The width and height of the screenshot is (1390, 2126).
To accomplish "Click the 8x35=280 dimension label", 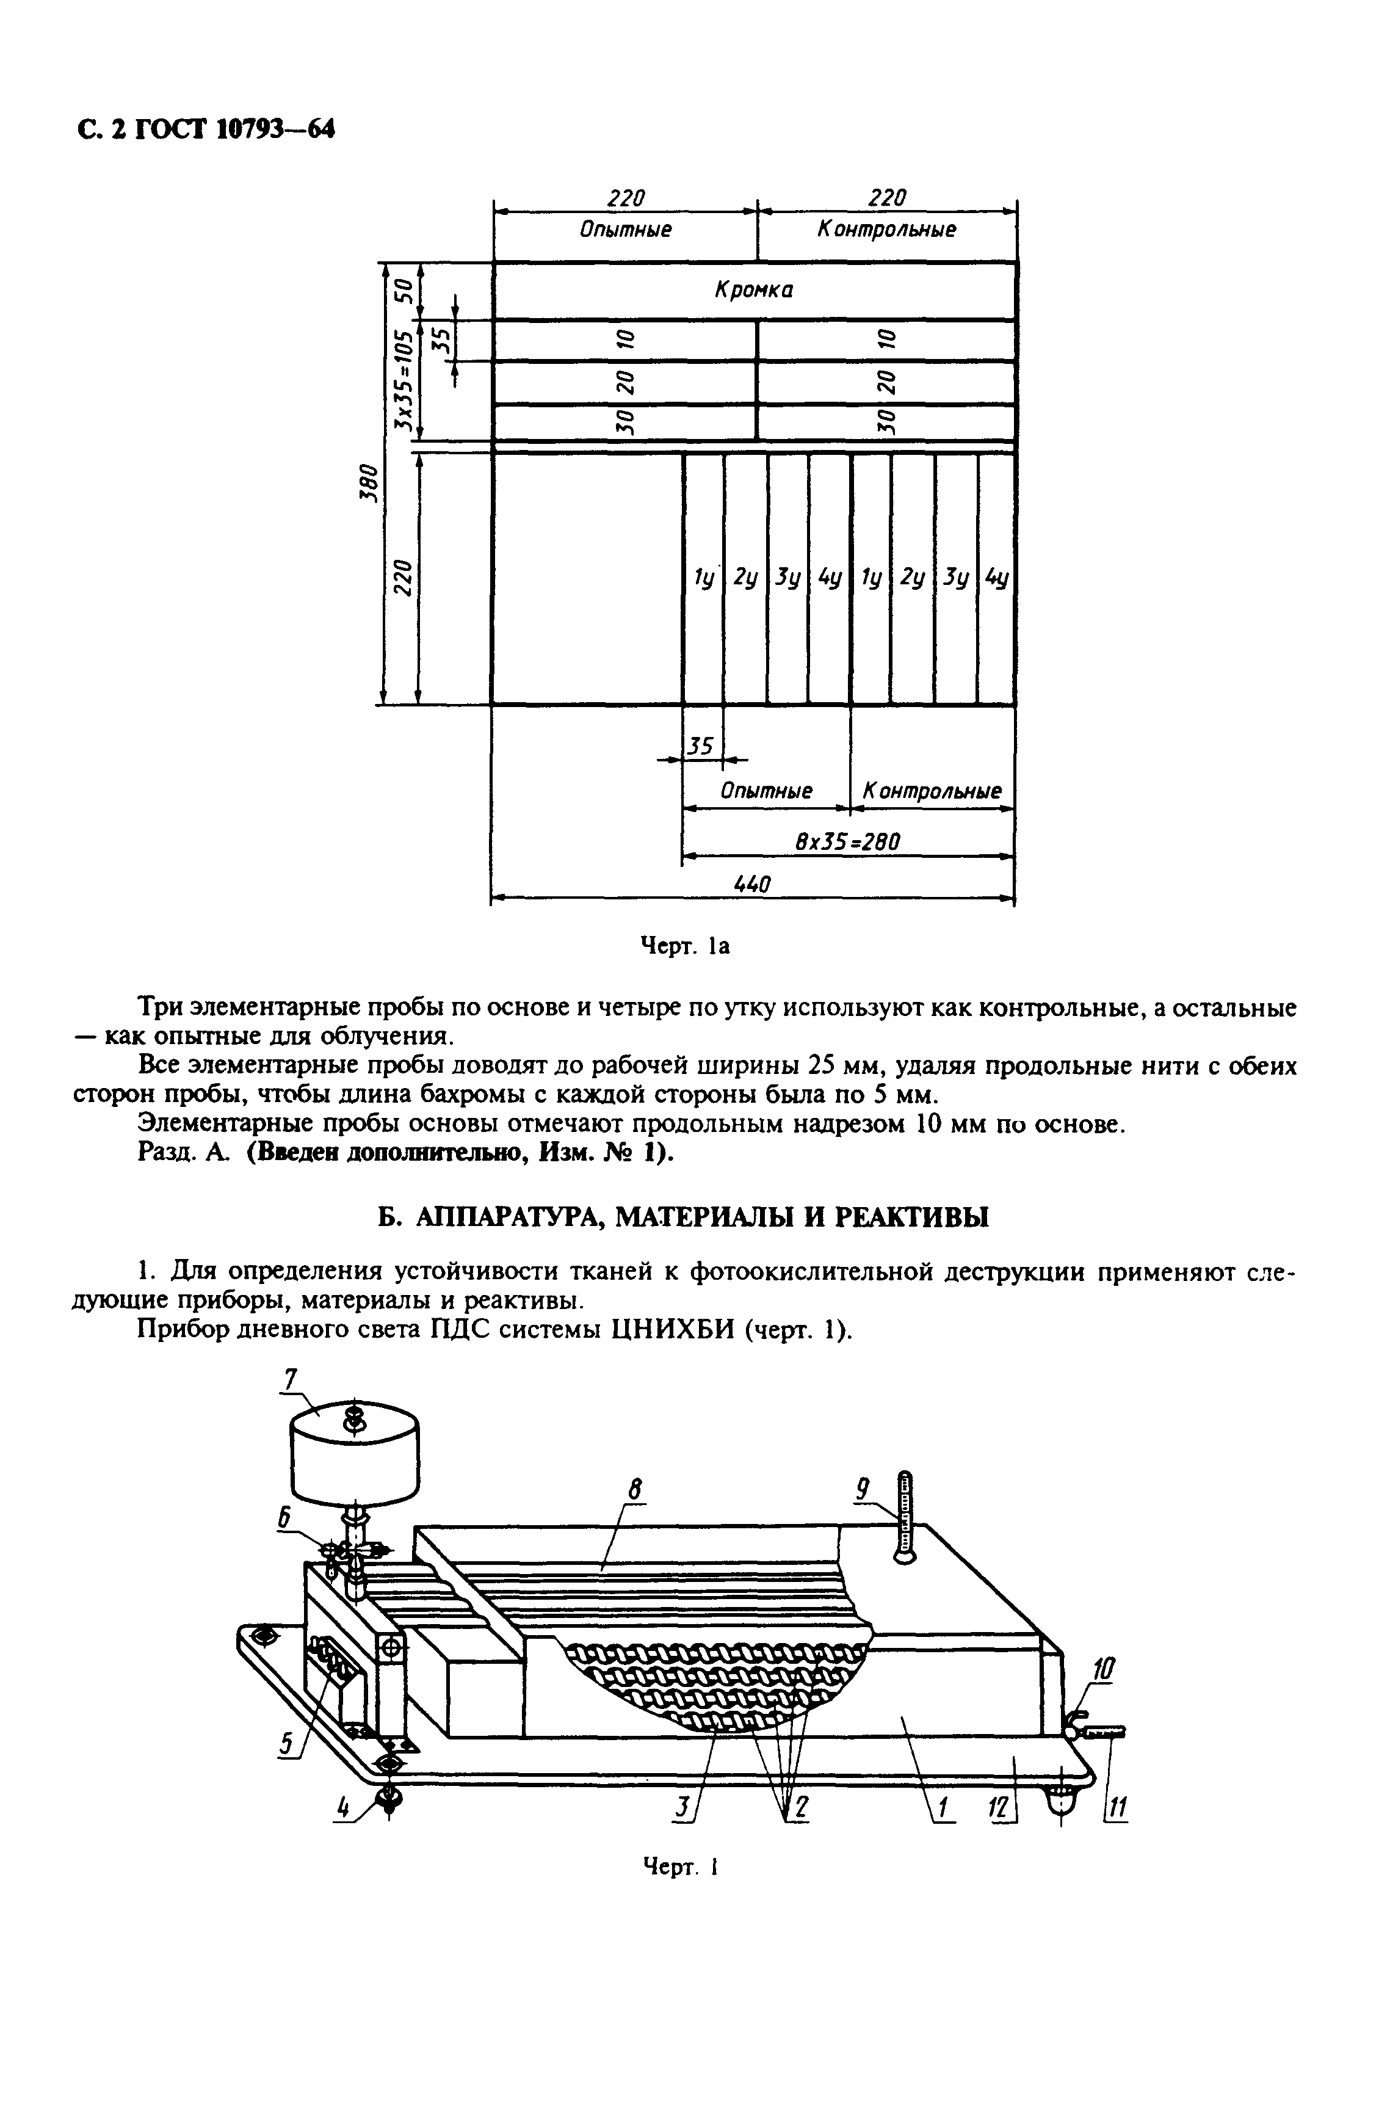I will point(847,841).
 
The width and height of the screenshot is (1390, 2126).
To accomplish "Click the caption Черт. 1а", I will point(687,946).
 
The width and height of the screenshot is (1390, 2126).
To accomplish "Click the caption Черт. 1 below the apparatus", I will point(681,1867).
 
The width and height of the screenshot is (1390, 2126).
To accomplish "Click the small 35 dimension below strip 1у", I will point(702,744).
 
